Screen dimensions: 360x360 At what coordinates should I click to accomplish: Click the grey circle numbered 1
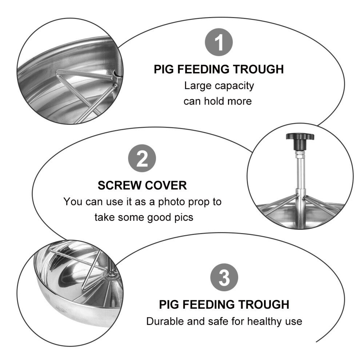(x=219, y=42)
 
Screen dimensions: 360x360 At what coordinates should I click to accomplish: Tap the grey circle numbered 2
(x=142, y=159)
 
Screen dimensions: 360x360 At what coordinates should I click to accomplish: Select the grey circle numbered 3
(x=224, y=277)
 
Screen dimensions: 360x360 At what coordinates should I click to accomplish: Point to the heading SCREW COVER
(x=142, y=185)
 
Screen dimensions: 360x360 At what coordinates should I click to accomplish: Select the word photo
(x=172, y=202)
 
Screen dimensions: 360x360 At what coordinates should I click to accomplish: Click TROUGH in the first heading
(x=258, y=69)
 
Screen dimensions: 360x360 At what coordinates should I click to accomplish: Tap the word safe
(x=219, y=321)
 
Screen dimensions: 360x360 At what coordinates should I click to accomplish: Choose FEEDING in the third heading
(x=208, y=305)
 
